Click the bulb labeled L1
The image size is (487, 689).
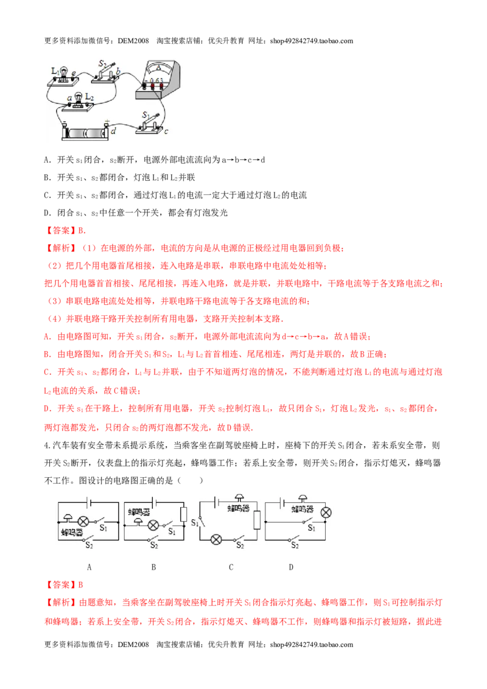pos(64,74)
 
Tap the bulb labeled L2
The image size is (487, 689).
pos(79,99)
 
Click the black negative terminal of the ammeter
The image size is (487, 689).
pos(144,86)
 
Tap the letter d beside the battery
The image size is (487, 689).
pos(113,131)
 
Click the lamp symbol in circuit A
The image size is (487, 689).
pos(83,522)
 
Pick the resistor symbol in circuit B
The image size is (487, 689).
pos(184,514)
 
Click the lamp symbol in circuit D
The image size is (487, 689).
pos(326,512)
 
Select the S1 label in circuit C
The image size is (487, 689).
pos(195,522)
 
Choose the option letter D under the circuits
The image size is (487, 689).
pos(291,567)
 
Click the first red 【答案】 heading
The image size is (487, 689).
pos(61,230)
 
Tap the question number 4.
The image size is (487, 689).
pos(47,446)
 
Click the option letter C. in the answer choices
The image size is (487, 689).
pos(48,195)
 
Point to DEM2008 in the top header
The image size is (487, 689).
pos(134,41)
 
